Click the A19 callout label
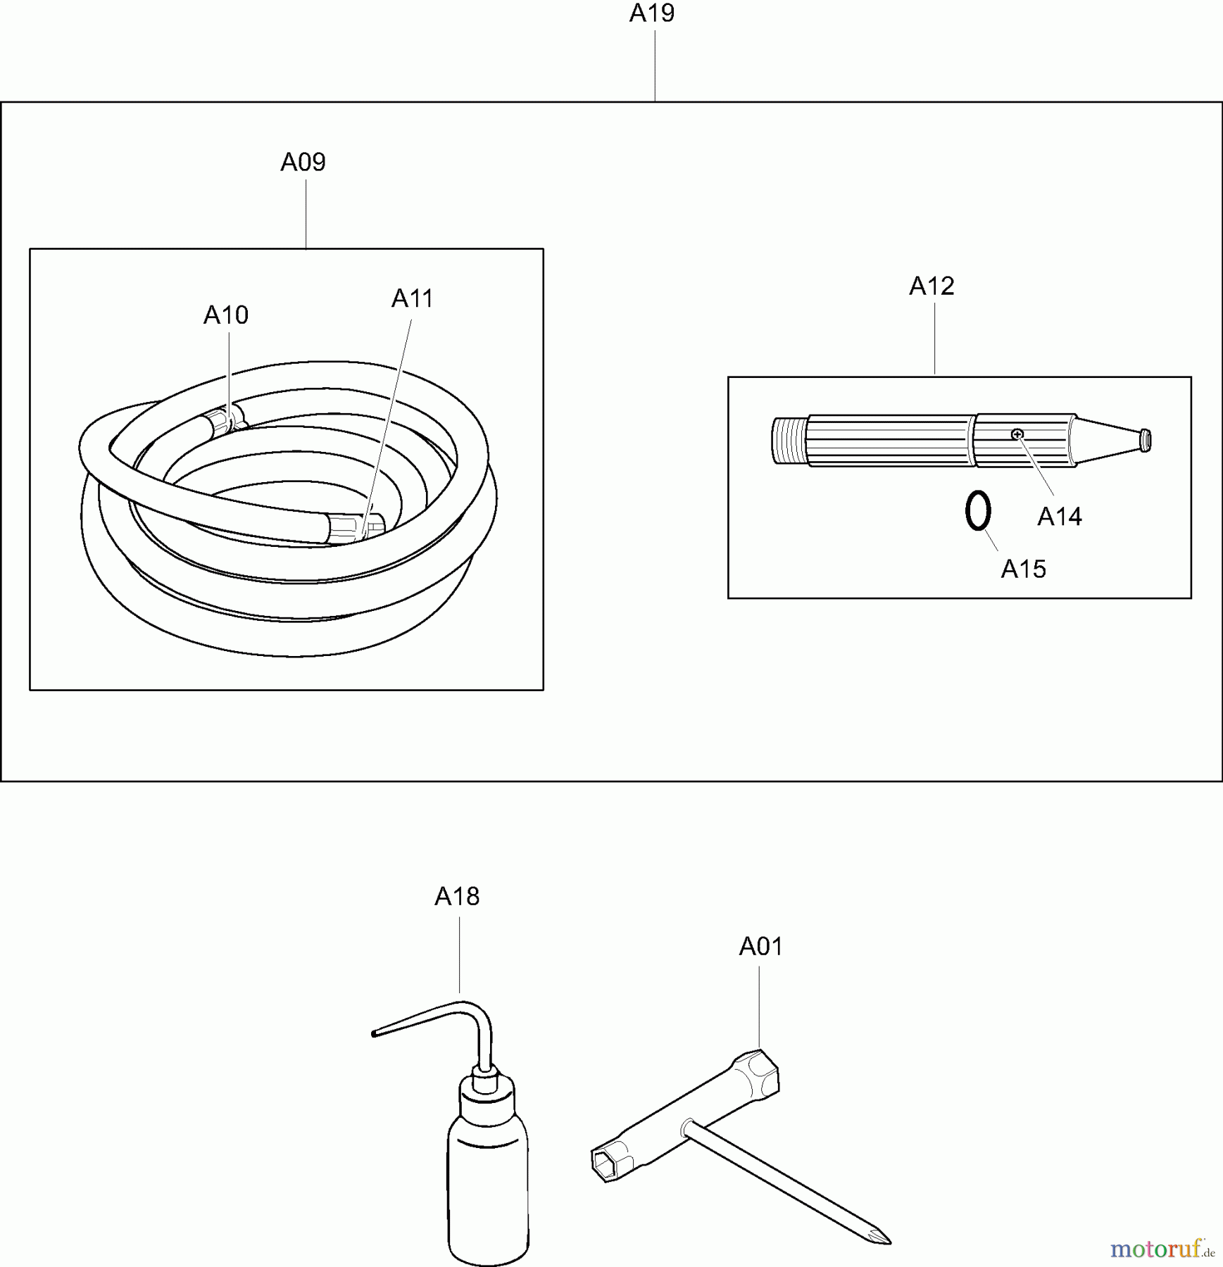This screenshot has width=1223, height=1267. click(x=652, y=13)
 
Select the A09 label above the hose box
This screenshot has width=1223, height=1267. click(x=303, y=163)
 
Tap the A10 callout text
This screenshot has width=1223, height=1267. click(x=226, y=315)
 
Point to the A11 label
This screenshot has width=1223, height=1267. click(x=413, y=298)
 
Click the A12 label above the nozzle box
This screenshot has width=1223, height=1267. click(x=932, y=286)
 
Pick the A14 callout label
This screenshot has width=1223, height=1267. click(x=1060, y=517)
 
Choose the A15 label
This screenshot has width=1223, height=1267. click(x=1024, y=569)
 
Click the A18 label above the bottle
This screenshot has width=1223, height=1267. click(x=457, y=896)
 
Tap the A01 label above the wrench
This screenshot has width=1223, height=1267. click(x=760, y=947)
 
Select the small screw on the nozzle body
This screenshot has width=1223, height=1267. click(x=1017, y=434)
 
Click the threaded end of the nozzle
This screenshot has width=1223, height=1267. click(x=788, y=441)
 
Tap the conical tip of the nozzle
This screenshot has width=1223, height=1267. click(x=1112, y=441)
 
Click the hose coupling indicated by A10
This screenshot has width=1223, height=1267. click(x=224, y=420)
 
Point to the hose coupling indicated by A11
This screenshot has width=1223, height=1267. click(x=356, y=529)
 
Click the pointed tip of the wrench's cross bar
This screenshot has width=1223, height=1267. click(x=889, y=1242)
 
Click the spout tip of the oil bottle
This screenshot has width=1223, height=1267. click(x=374, y=1033)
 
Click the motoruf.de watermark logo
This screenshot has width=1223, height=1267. click(x=1162, y=1249)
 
